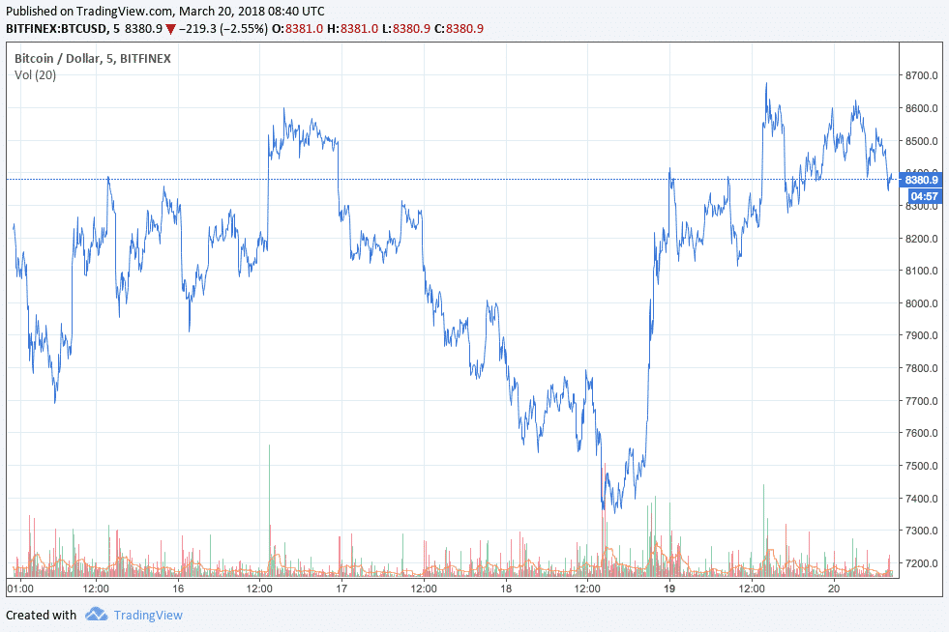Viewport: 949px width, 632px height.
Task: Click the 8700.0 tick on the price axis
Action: click(920, 75)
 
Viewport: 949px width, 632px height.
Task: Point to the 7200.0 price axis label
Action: click(920, 563)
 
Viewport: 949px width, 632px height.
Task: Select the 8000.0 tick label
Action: click(920, 303)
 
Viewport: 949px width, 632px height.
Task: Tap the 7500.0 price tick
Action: click(920, 466)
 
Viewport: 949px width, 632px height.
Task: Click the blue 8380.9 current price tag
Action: click(920, 179)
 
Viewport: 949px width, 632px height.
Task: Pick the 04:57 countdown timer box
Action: click(918, 194)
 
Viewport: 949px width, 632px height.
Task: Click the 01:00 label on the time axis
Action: click(20, 588)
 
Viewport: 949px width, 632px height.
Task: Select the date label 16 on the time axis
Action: click(178, 588)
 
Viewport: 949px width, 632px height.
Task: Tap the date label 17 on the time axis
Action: click(341, 588)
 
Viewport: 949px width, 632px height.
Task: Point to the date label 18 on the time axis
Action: click(505, 588)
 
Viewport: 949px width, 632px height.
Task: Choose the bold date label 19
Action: click(668, 588)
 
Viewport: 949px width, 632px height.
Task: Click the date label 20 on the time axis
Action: click(832, 588)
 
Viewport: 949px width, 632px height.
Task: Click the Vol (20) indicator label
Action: click(35, 75)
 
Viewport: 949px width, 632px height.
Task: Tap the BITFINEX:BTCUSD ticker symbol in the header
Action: click(57, 28)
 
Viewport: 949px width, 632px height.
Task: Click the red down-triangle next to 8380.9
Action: click(170, 28)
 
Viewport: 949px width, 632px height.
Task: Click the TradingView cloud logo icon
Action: click(96, 615)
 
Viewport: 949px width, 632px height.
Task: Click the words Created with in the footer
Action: click(41, 615)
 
